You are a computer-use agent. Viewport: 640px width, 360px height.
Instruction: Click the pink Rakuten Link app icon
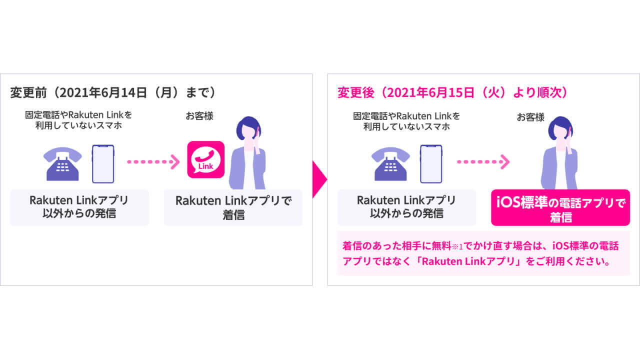point(205,159)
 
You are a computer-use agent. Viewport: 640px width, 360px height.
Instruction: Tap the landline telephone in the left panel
point(63,163)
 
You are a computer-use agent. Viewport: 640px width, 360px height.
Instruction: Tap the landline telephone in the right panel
point(390,163)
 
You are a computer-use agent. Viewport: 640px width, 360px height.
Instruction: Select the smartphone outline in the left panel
point(103,163)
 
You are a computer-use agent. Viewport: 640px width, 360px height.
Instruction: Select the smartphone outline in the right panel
point(430,163)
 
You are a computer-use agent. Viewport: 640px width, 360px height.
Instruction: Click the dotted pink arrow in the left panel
point(153,161)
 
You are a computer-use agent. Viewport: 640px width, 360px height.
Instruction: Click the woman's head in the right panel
point(560,129)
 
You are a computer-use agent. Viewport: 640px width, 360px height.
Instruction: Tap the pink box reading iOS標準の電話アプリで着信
point(560,207)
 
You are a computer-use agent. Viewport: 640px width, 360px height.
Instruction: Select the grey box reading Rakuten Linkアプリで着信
point(233,207)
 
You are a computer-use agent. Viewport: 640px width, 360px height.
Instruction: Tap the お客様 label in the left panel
point(199,116)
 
